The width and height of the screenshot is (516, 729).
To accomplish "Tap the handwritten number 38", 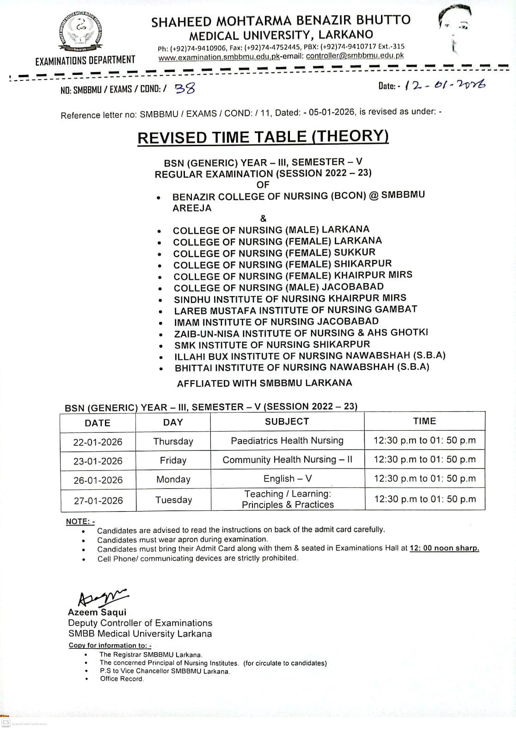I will click(x=184, y=88).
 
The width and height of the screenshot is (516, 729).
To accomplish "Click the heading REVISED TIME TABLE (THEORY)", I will click(x=263, y=137).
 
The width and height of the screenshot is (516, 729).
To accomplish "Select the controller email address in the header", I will click(x=355, y=56).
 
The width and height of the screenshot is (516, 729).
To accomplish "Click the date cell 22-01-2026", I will click(x=98, y=442).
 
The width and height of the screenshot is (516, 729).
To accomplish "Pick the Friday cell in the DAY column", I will click(x=173, y=460).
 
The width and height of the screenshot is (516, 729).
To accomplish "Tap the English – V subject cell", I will click(x=287, y=479).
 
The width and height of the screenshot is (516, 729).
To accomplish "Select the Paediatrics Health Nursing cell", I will click(x=287, y=441).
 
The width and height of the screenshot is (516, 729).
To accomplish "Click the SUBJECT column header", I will click(x=287, y=421).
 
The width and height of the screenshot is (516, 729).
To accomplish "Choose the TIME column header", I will click(x=424, y=421).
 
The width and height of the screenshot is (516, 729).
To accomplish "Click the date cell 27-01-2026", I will click(x=98, y=500).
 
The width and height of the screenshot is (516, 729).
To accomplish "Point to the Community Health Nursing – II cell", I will click(x=287, y=460).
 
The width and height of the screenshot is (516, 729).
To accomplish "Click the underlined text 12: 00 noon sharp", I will click(x=444, y=548).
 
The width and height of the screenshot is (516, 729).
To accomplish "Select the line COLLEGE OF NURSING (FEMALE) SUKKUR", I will click(x=274, y=253).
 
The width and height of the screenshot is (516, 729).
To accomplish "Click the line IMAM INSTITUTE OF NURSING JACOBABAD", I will click(x=276, y=321).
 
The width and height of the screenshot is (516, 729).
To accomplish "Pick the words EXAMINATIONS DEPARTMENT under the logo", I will click(x=85, y=60).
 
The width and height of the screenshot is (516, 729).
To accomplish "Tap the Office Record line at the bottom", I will click(x=122, y=679).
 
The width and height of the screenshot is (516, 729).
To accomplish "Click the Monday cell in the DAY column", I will click(x=173, y=479).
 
